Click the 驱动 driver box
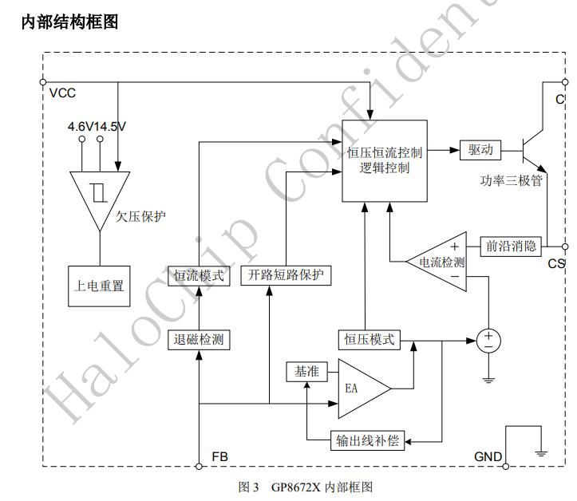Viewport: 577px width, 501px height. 480,149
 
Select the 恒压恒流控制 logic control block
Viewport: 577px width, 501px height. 385,160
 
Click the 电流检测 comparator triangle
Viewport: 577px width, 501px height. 437,262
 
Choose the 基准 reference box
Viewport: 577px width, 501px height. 306,371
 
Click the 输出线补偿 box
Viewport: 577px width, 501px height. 366,440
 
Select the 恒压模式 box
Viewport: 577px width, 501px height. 369,338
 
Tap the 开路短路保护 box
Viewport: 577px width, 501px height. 287,275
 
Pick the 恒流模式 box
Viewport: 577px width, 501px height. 199,275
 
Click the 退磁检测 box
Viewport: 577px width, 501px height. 199,339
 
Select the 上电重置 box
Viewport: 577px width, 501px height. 99,285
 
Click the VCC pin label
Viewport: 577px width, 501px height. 62,93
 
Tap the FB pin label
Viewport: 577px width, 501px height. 220,457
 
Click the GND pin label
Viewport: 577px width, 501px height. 488,457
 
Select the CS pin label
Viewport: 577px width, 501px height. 555,263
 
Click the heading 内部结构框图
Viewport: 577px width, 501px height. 69,22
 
